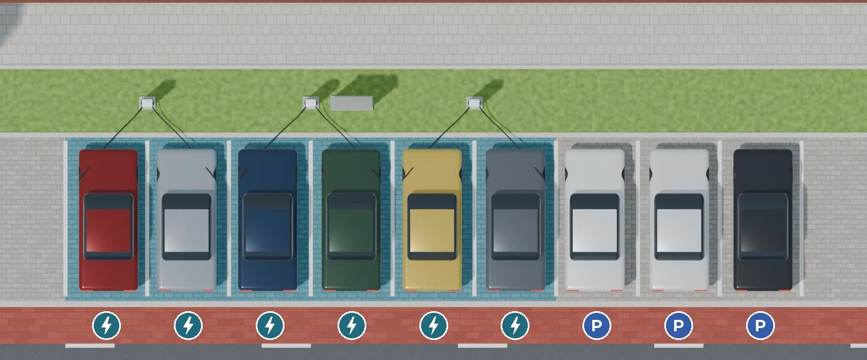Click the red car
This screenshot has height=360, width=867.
[x=108, y=220]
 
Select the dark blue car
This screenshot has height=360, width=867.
[x=268, y=220]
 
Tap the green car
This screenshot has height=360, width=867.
[x=352, y=220]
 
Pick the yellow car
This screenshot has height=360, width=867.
[x=432, y=220]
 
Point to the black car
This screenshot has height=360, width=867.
[x=763, y=220]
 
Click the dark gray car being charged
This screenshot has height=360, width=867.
[x=515, y=220]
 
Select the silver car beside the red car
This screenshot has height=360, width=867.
[x=186, y=220]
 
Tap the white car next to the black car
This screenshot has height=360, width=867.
[x=679, y=220]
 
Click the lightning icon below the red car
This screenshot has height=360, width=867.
[x=106, y=325]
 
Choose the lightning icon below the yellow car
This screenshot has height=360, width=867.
[x=433, y=325]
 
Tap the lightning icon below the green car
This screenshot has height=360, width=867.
[x=352, y=325]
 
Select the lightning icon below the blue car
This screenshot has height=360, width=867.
[x=270, y=325]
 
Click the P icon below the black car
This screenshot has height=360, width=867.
[x=760, y=325]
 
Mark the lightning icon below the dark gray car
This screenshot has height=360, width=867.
[x=515, y=325]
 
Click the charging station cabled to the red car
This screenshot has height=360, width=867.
[x=147, y=103]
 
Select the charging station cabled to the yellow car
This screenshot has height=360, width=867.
[x=475, y=103]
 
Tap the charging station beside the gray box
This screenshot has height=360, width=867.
[x=311, y=103]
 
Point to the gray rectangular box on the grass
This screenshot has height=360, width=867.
[x=352, y=103]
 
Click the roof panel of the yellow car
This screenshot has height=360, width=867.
[x=432, y=230]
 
